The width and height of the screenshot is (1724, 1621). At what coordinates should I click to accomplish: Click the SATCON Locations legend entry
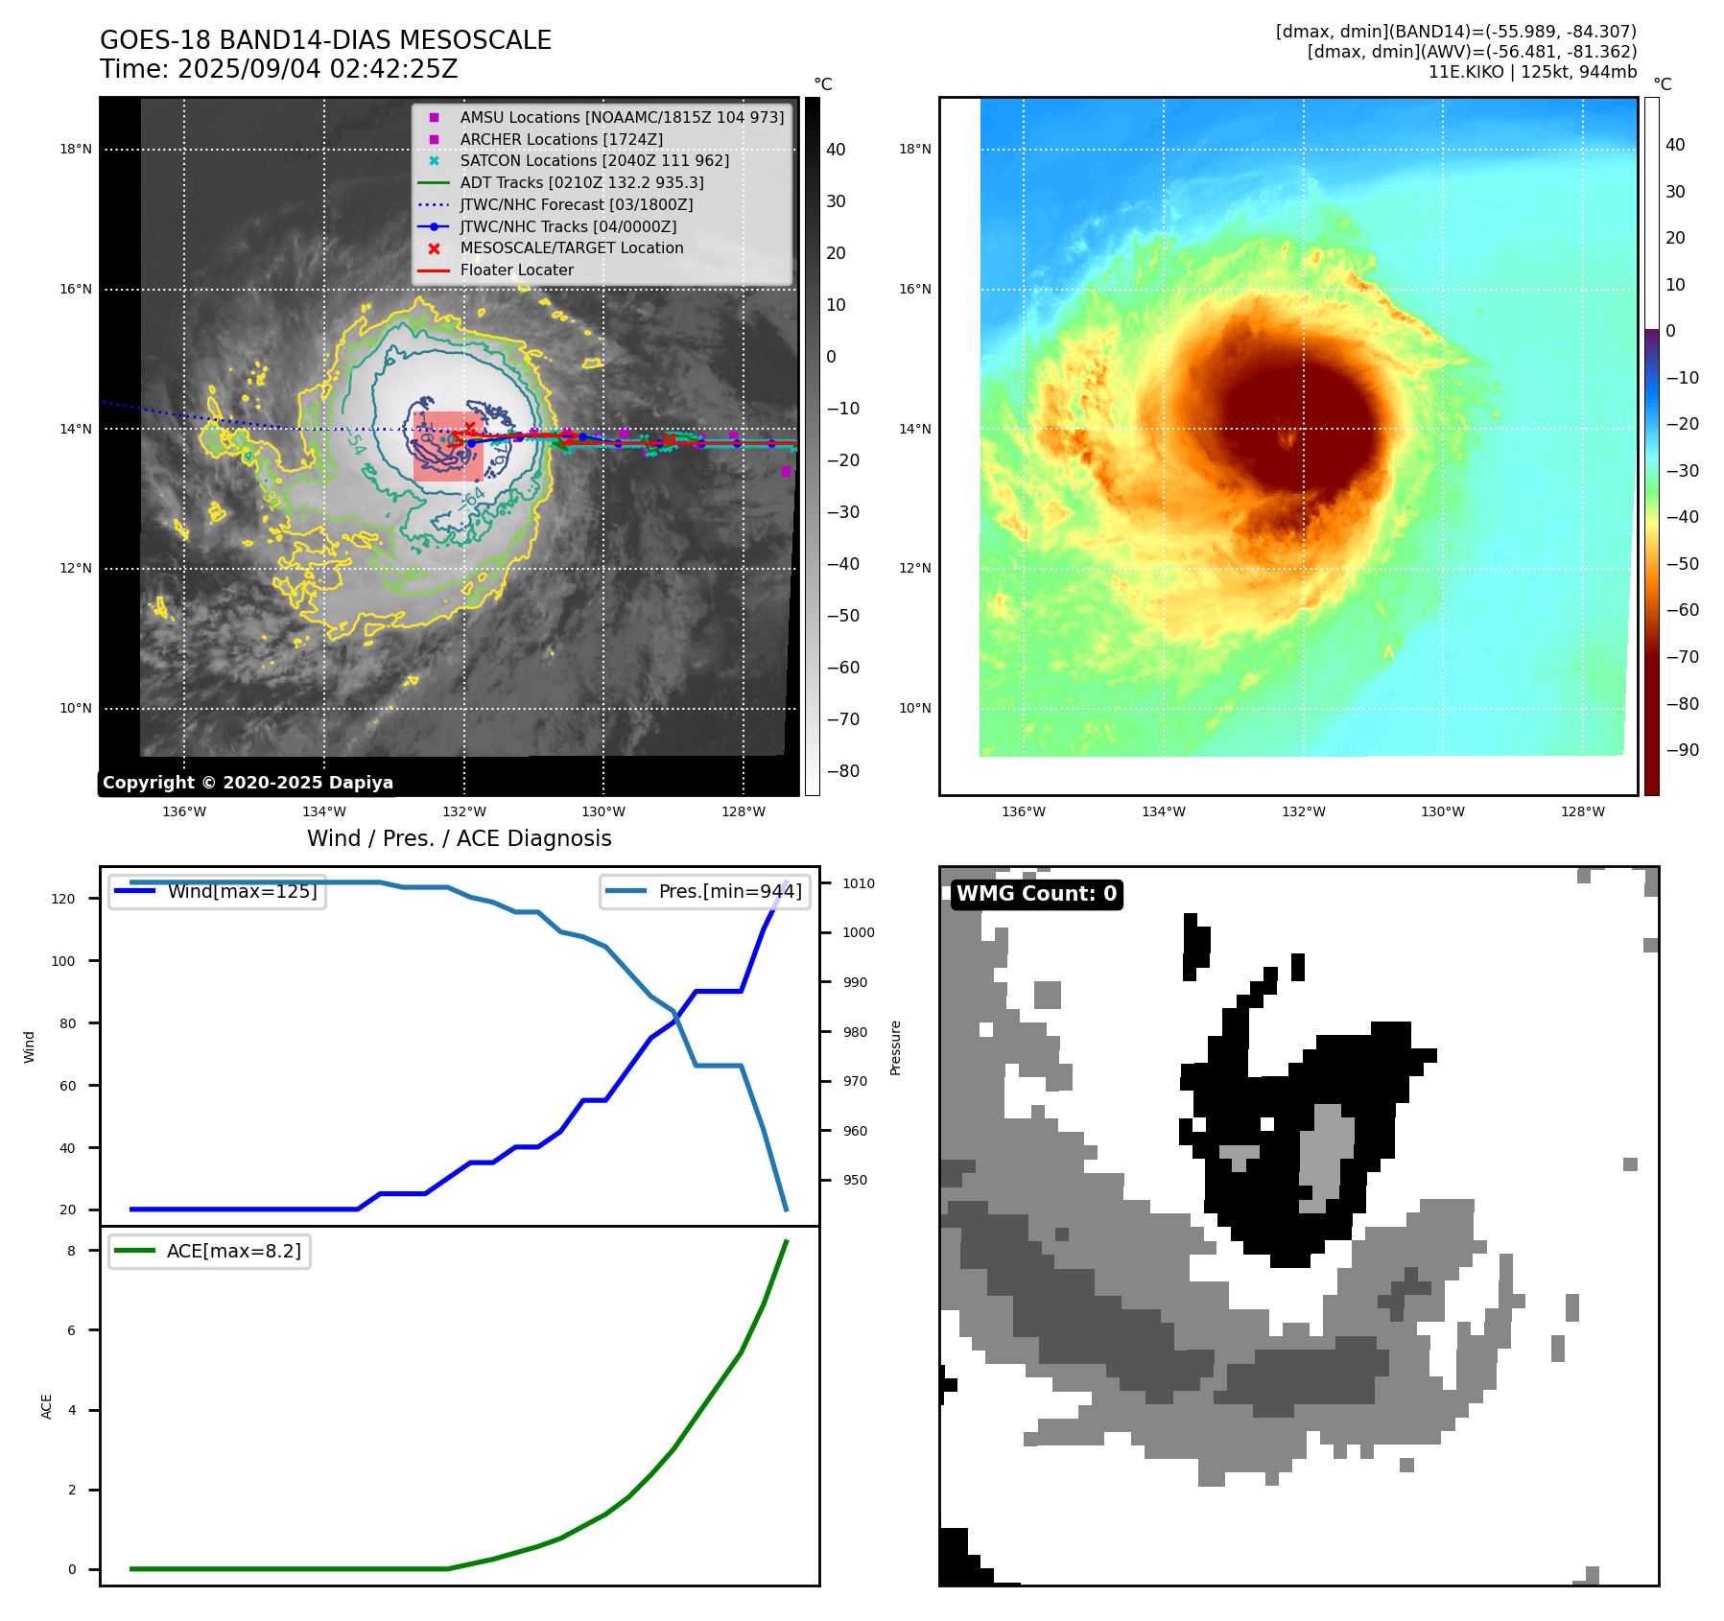(x=594, y=160)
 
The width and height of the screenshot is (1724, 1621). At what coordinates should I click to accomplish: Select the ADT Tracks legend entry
(x=581, y=182)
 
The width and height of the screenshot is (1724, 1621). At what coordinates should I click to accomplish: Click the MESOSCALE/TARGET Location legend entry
(x=572, y=247)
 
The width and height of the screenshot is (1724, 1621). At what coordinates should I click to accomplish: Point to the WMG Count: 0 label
(x=1036, y=894)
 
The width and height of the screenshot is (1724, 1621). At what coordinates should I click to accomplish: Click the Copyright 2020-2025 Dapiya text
(x=248, y=783)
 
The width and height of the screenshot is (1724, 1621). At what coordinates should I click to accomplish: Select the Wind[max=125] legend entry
(x=242, y=891)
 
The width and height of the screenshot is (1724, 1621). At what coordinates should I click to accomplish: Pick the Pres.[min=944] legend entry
(x=729, y=891)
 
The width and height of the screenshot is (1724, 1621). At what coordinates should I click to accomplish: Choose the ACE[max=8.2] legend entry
(x=233, y=1251)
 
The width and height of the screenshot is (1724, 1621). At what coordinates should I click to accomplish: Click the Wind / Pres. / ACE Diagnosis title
(x=459, y=838)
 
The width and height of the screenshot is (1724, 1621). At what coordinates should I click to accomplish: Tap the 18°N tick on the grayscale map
(x=76, y=149)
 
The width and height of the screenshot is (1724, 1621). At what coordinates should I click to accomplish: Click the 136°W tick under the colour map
(x=1023, y=811)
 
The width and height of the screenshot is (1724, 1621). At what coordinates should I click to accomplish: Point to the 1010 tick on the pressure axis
(x=859, y=883)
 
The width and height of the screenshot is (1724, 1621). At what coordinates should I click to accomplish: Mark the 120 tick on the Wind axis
(x=62, y=899)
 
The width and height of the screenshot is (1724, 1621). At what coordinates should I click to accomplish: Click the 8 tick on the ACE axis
(x=71, y=1251)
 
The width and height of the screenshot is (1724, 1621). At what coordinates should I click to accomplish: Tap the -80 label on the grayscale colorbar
(x=843, y=771)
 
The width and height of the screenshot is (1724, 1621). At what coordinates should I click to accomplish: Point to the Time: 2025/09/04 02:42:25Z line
(x=278, y=69)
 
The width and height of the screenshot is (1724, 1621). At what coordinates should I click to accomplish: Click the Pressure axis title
(x=895, y=1047)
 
